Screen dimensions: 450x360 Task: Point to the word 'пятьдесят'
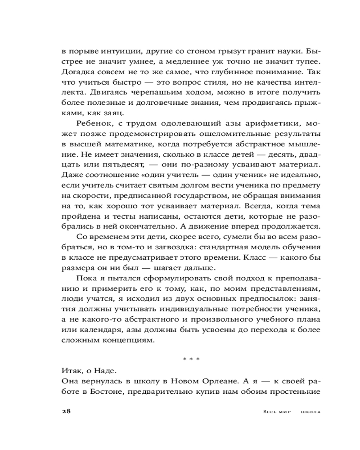125,165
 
